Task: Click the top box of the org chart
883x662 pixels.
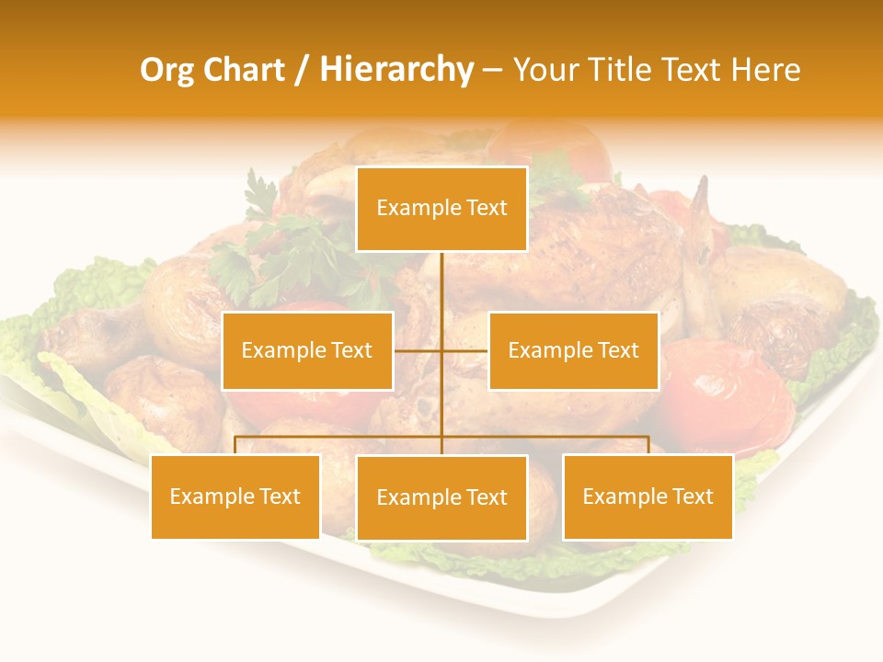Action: pyautogui.click(x=441, y=209)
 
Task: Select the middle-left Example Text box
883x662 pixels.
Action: pyautogui.click(x=307, y=350)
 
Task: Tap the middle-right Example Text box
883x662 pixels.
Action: pyautogui.click(x=573, y=350)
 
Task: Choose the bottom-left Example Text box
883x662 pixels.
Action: pyautogui.click(x=235, y=496)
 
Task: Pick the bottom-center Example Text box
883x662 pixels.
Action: pyautogui.click(x=441, y=497)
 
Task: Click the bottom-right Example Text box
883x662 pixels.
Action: pyautogui.click(x=648, y=496)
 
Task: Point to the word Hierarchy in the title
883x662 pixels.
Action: pyautogui.click(x=396, y=70)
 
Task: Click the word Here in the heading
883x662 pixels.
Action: pyautogui.click(x=765, y=70)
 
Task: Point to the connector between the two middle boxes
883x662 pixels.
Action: pyautogui.click(x=441, y=350)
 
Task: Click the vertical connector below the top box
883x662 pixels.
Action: pyautogui.click(x=441, y=285)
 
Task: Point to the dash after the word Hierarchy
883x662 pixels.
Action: pyautogui.click(x=492, y=71)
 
